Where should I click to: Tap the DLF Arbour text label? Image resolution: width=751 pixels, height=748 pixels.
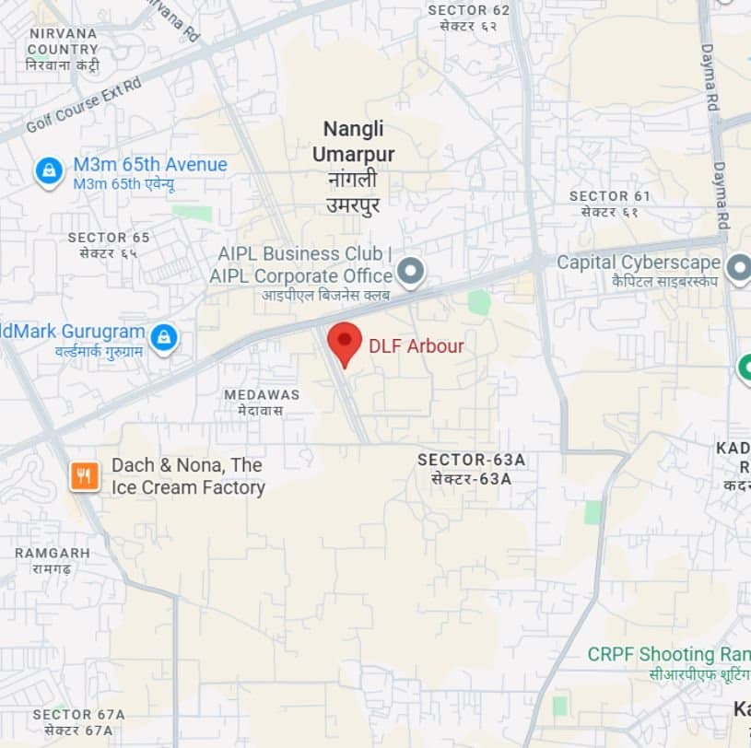(x=416, y=346)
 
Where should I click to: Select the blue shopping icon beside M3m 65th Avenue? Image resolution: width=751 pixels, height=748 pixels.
(x=48, y=170)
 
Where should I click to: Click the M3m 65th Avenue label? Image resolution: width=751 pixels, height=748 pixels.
(x=150, y=165)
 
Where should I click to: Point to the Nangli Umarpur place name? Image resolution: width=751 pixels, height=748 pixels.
(x=353, y=141)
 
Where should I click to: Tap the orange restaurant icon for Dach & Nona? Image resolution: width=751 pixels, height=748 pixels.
(x=84, y=475)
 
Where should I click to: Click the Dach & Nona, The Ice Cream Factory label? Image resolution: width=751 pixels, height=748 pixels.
(x=188, y=476)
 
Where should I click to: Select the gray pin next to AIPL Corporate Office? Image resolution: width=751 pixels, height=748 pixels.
(x=410, y=272)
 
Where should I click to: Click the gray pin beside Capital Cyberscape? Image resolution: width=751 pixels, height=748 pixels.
(x=738, y=268)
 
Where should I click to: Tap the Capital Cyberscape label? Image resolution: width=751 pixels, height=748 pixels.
(x=638, y=263)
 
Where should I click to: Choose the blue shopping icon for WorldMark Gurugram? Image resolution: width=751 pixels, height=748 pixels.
(x=163, y=337)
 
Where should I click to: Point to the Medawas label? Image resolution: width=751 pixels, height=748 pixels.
(x=262, y=394)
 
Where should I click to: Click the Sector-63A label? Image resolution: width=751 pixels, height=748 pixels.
(x=471, y=460)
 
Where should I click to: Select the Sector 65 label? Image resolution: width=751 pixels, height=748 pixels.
(x=109, y=238)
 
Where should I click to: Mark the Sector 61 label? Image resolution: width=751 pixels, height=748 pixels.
(x=609, y=196)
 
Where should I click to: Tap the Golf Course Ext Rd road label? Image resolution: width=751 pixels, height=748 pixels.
(x=83, y=104)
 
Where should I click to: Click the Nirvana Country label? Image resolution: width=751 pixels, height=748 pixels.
(x=63, y=41)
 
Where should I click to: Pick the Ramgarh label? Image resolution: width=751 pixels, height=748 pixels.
(x=53, y=553)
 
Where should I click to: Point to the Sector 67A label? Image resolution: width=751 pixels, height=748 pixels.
(x=78, y=715)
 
